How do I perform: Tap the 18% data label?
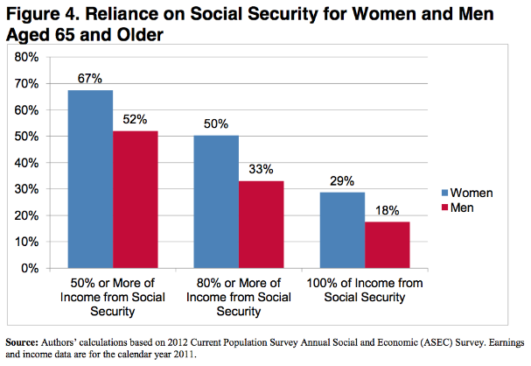click(x=387, y=211)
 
